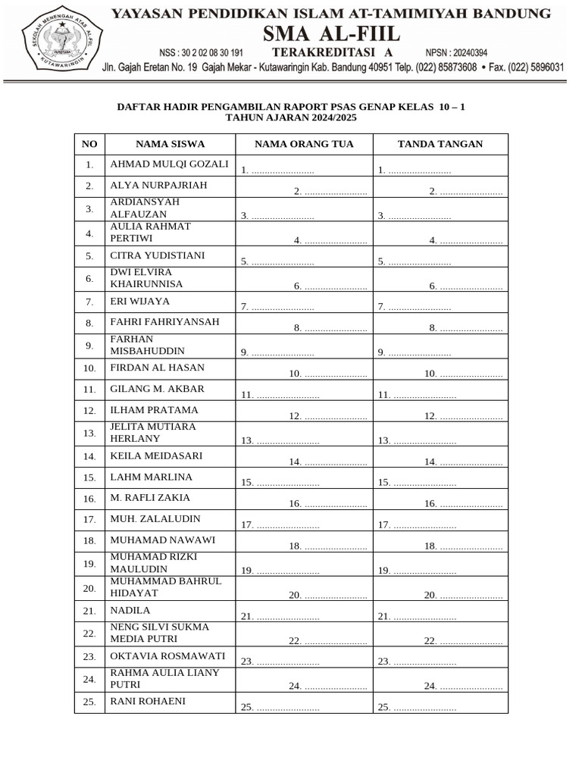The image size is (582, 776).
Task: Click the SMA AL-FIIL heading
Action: click(331, 34)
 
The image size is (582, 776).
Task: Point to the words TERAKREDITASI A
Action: click(322, 52)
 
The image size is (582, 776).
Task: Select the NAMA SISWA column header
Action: click(170, 144)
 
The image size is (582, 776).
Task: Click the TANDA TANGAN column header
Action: click(440, 144)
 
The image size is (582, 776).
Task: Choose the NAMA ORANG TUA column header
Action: click(303, 144)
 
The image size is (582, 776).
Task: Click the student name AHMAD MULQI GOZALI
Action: click(169, 164)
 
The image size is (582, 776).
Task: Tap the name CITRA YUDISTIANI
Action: click(158, 255)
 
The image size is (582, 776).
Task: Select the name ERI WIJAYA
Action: click(140, 301)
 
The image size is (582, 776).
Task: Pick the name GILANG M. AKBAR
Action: click(158, 389)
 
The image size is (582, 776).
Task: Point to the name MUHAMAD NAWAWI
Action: click(163, 540)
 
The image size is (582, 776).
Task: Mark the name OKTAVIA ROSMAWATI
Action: click(167, 656)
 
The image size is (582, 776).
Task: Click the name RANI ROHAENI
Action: click(148, 701)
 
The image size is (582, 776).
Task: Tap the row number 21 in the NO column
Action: click(89, 611)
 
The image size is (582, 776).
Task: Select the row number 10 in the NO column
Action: click(89, 368)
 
